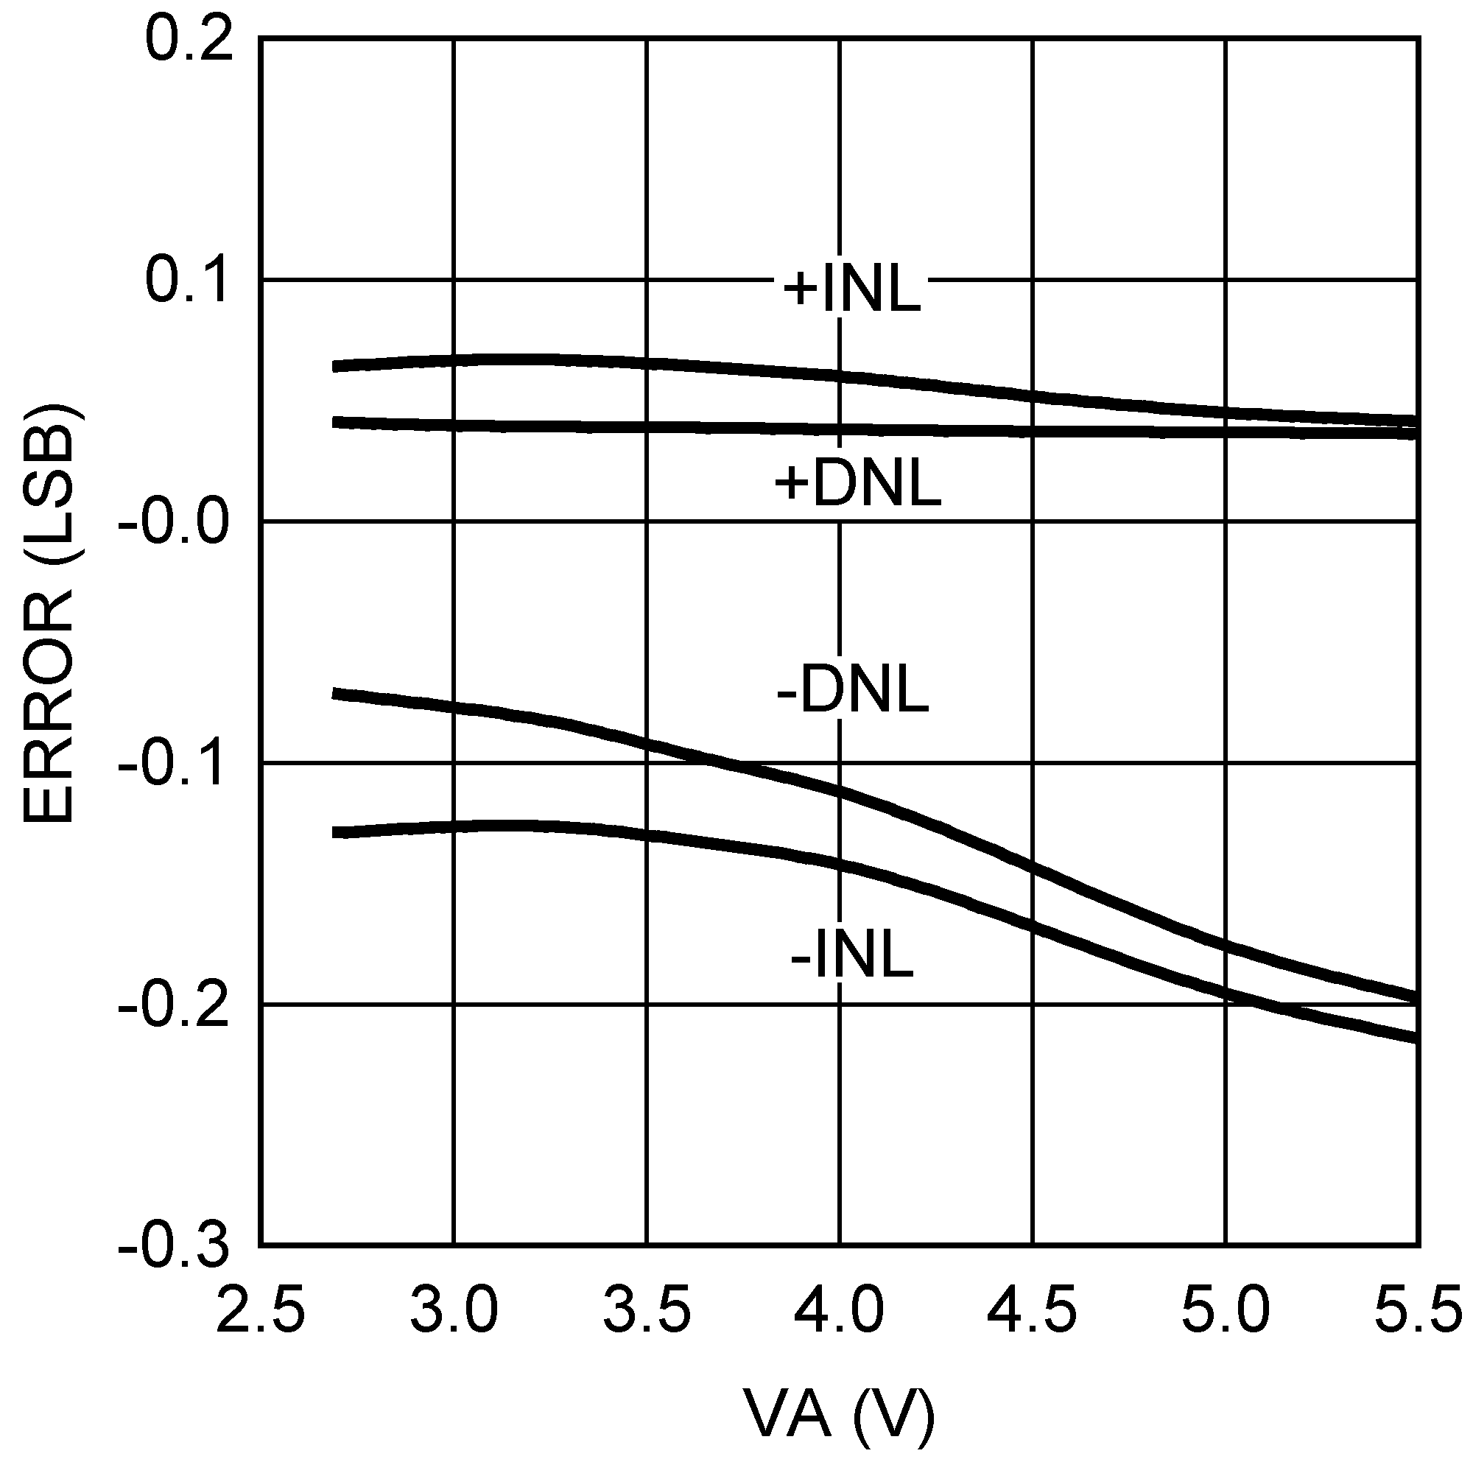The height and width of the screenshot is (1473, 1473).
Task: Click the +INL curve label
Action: (x=851, y=290)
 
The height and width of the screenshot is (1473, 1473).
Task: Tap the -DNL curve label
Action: (x=852, y=691)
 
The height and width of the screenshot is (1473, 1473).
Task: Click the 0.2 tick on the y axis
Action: (x=189, y=40)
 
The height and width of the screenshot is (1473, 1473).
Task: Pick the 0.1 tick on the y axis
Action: (x=189, y=281)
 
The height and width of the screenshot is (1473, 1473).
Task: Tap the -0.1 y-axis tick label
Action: (x=173, y=764)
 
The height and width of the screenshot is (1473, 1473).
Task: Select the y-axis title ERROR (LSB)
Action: (x=49, y=614)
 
